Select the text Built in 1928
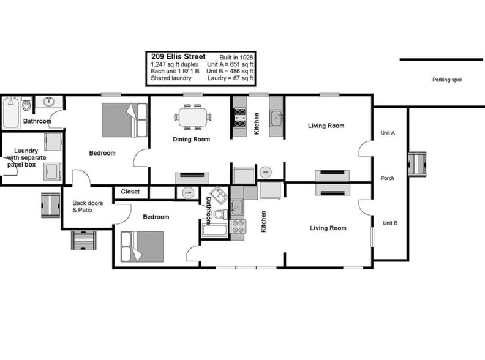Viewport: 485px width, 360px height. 236,57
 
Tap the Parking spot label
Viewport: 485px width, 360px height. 447,80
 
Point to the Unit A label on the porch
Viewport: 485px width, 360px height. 388,132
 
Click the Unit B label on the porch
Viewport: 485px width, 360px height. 389,223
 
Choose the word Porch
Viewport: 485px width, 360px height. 387,179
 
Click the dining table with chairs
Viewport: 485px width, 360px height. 192,116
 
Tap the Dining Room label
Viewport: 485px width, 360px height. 191,140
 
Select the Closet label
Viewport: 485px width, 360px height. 130,192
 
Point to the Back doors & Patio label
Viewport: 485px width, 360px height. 88,207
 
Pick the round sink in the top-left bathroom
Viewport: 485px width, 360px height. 46,102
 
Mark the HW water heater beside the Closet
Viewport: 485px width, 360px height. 188,193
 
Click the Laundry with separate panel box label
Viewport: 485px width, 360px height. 26,157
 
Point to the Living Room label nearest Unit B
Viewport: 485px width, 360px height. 328,228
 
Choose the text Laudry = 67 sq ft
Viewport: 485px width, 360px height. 231,78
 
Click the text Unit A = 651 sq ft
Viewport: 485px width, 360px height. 230,64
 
